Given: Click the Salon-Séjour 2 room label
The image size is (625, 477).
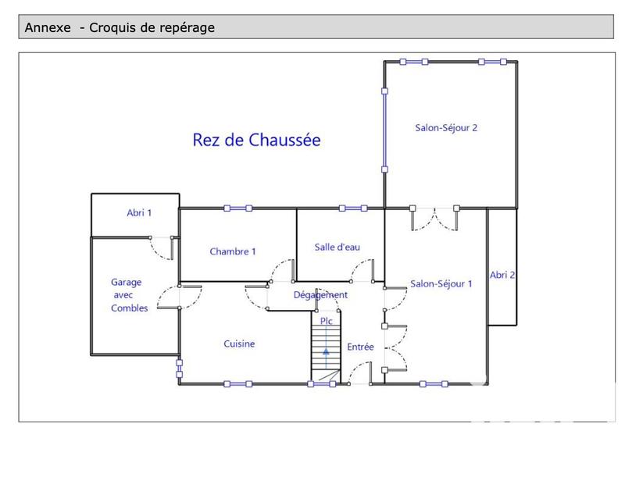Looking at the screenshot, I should click(446, 128).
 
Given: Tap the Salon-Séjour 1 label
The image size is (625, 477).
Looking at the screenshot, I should click(441, 284).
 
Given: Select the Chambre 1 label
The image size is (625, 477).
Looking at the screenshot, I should click(233, 251).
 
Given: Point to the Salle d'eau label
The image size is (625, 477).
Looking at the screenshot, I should click(337, 247).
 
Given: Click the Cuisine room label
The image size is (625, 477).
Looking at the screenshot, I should click(239, 344).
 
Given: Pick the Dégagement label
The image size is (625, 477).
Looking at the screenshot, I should click(320, 294).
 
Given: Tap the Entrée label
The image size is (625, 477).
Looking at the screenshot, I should click(360, 347).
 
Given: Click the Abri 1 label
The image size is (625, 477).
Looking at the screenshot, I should click(139, 212).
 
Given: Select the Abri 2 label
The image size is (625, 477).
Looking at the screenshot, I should click(502, 275).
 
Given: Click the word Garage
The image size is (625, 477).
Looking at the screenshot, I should click(127, 283).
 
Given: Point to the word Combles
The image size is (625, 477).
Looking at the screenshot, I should click(129, 308).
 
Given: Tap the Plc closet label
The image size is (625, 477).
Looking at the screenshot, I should click(326, 320).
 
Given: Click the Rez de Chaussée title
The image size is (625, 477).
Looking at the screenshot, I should click(256, 141).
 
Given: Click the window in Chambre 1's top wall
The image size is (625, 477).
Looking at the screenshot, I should click(238, 208).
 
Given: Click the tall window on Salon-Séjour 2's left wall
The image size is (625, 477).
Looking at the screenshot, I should click(384, 130).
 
